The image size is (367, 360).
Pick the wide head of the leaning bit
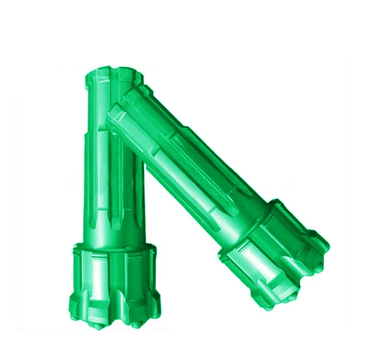tap(275, 253)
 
